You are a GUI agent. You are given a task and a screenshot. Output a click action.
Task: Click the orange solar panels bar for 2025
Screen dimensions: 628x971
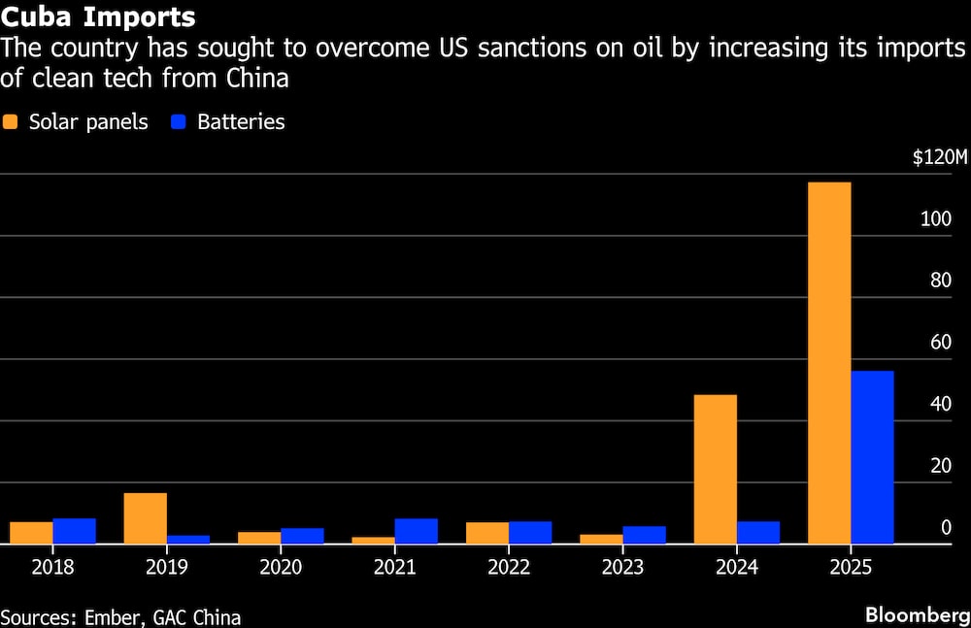click(829, 363)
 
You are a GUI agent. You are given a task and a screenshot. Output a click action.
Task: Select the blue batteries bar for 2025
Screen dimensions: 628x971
click(872, 457)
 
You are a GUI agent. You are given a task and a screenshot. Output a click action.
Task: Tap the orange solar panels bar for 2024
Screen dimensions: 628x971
click(716, 469)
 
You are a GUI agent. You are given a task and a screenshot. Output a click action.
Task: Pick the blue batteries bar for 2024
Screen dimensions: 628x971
click(758, 533)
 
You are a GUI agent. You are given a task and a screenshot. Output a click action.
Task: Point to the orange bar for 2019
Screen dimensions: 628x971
click(146, 518)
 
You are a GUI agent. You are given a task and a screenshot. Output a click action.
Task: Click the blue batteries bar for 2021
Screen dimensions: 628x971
click(417, 531)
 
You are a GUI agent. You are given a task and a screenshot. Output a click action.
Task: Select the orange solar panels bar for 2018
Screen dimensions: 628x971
click(31, 533)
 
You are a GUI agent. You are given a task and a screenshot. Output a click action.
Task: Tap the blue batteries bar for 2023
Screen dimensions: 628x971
click(645, 535)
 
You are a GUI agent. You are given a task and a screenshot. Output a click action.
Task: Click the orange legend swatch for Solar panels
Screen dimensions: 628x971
click(12, 122)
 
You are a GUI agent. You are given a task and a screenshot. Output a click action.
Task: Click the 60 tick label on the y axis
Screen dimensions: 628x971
click(938, 343)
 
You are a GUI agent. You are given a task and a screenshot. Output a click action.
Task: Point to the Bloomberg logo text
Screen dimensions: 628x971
click(917, 615)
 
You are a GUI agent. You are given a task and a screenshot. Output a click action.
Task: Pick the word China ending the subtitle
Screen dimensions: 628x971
click(254, 79)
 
